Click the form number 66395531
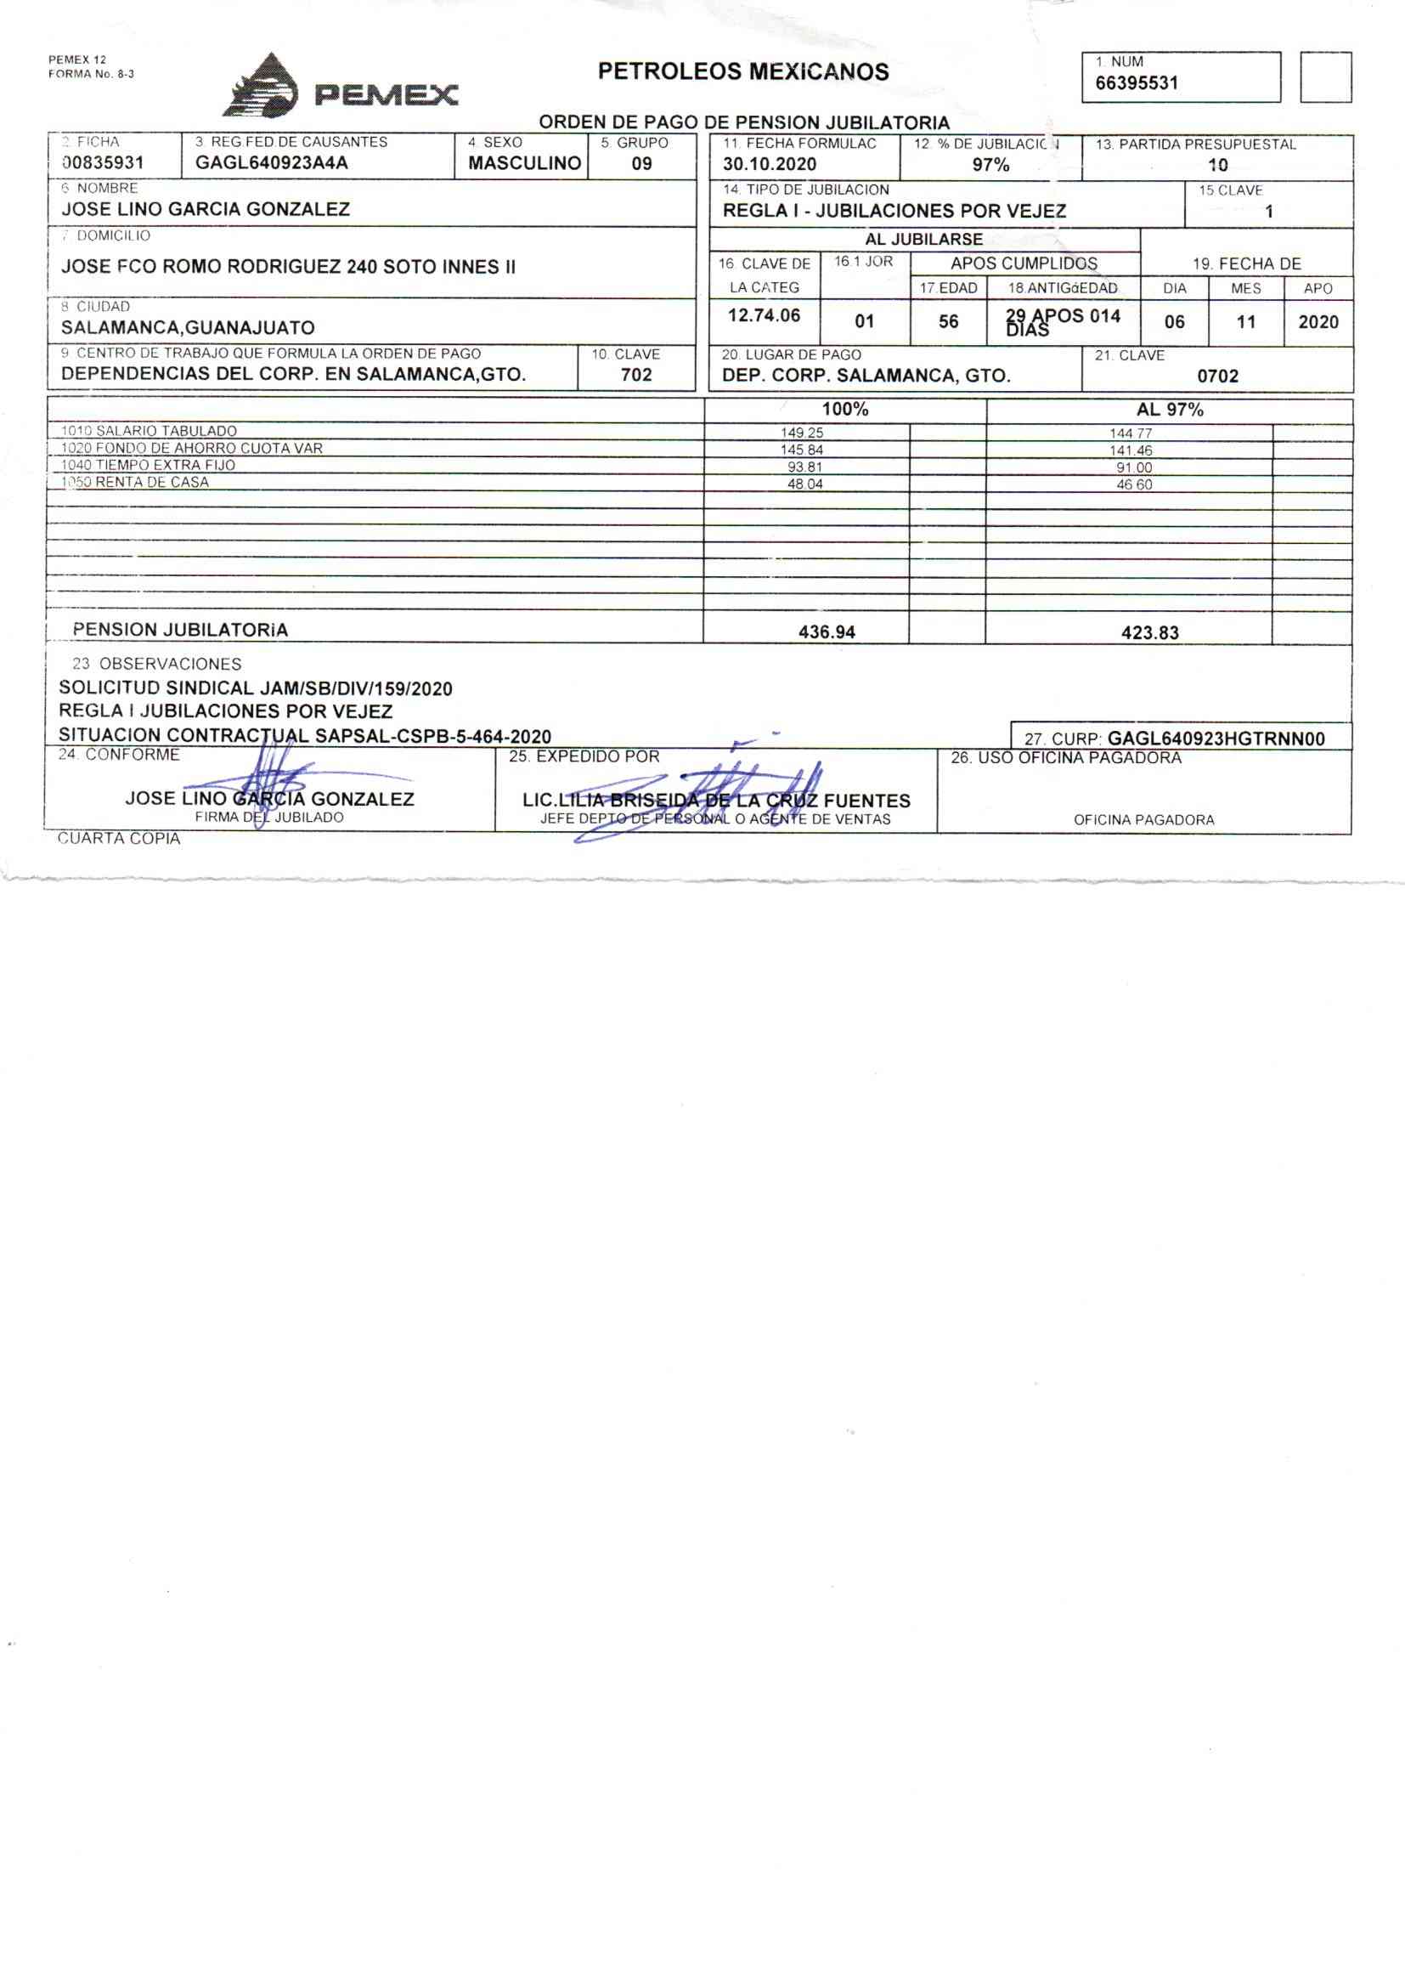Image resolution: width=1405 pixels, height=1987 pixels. [x=1136, y=83]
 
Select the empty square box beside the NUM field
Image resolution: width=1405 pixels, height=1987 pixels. [x=1325, y=77]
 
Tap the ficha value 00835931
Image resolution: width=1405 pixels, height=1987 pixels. [x=103, y=162]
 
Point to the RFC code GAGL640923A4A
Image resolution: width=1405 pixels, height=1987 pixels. [x=272, y=162]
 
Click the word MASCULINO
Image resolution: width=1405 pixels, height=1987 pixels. [x=524, y=162]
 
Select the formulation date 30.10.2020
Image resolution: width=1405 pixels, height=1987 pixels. [x=769, y=164]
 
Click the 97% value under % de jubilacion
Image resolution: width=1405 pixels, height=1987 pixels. [x=990, y=164]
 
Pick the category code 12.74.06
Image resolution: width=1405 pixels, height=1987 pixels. [x=764, y=315]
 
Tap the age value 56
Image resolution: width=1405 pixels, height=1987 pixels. [x=948, y=322]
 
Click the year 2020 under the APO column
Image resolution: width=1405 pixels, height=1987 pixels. [x=1318, y=322]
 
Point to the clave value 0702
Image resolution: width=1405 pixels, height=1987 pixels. [x=1217, y=376]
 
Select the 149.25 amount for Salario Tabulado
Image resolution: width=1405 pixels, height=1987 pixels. [x=802, y=433]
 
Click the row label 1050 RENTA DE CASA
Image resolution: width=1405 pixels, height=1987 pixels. [x=135, y=482]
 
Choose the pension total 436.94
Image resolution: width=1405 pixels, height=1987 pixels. [x=827, y=631]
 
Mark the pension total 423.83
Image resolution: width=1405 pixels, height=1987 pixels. [x=1150, y=632]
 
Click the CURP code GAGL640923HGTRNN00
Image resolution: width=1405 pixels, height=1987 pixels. [x=1216, y=739]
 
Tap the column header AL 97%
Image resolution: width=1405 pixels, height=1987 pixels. [x=1169, y=410]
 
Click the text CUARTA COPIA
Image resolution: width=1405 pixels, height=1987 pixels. [x=119, y=839]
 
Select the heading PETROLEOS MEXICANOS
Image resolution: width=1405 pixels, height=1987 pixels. [x=743, y=72]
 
